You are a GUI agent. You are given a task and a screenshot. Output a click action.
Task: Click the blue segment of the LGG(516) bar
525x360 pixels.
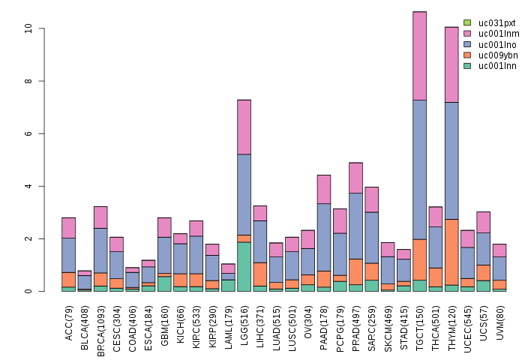244,194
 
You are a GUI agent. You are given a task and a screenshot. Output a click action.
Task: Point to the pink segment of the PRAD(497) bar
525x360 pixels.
355,178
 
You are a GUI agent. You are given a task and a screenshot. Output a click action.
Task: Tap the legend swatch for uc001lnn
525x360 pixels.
467,66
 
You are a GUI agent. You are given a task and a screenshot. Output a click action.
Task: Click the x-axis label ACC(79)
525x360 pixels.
69,322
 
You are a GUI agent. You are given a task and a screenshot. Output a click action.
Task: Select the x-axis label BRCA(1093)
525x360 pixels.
101,326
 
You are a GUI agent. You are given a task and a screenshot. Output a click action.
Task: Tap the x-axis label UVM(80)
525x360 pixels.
499,322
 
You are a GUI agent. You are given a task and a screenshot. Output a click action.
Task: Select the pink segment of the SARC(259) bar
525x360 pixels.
372,199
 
